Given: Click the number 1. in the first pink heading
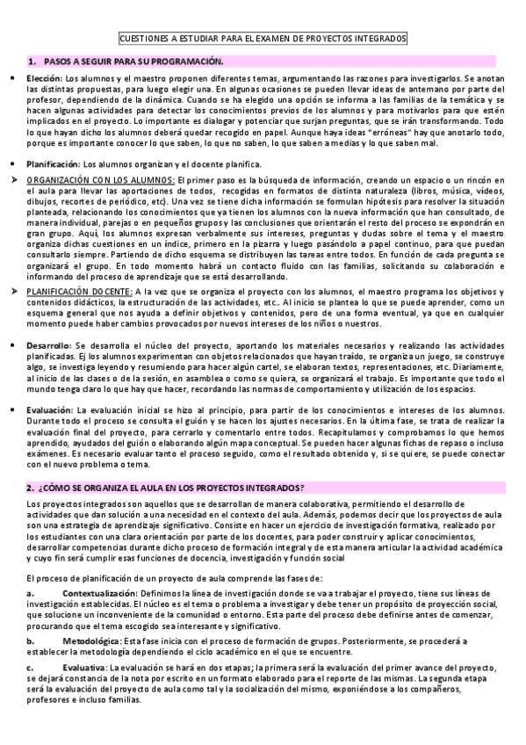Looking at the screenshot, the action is click(x=32, y=61).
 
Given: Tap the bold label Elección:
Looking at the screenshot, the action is click(x=44, y=79).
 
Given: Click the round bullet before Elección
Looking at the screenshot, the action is click(x=10, y=79).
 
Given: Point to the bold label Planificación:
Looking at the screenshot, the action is click(x=54, y=163).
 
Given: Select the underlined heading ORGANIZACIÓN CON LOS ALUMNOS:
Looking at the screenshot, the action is click(x=100, y=180).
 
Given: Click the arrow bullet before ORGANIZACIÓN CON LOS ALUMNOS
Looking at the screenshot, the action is click(x=11, y=180).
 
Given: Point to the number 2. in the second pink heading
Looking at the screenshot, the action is click(x=30, y=488).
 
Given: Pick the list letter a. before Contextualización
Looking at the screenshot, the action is click(x=32, y=594).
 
